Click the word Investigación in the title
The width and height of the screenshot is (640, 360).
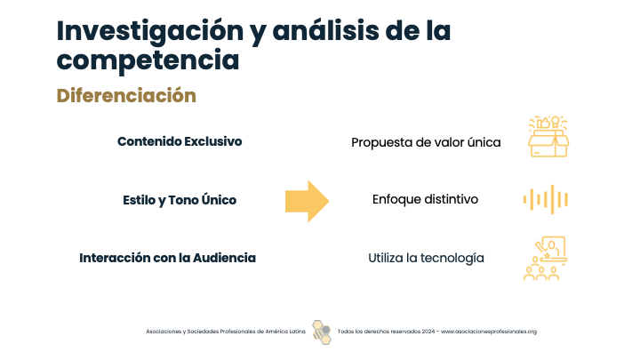pos(150,32)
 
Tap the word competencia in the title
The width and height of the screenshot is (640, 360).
pos(148,60)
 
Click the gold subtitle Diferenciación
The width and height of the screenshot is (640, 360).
pos(126,95)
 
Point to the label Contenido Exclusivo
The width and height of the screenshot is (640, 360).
pos(180,141)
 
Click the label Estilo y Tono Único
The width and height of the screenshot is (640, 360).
pos(180,200)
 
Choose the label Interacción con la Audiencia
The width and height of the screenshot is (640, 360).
pos(167,258)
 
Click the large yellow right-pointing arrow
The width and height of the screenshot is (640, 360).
pos(307,201)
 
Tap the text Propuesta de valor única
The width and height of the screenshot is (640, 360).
pos(426,142)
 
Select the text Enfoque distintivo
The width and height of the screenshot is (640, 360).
pos(425,200)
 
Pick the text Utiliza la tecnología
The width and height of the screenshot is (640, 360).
pos(426,259)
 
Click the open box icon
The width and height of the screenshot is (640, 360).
pos(548,136)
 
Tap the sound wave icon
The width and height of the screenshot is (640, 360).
pos(546,200)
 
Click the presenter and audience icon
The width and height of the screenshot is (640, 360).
pos(545,259)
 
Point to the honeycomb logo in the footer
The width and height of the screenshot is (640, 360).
pos(322,332)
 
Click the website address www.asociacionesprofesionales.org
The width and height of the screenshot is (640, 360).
pos(489,332)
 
